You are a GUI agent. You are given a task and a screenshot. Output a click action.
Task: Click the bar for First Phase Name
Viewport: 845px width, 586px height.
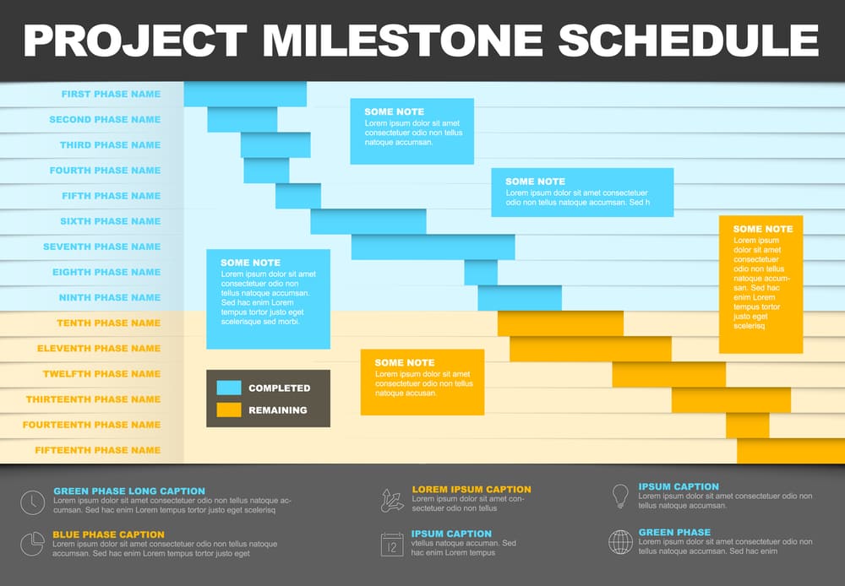(x=245, y=94)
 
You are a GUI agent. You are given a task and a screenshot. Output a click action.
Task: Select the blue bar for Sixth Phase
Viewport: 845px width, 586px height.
(x=368, y=221)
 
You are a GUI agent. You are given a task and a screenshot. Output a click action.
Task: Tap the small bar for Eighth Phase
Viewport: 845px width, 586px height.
(x=481, y=272)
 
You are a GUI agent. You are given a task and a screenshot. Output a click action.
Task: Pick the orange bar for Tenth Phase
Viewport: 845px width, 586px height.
(x=560, y=323)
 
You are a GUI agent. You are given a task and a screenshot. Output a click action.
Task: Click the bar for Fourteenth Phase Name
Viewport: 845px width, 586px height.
(x=747, y=425)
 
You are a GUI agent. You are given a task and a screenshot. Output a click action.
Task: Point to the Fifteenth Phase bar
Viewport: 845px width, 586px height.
(x=789, y=450)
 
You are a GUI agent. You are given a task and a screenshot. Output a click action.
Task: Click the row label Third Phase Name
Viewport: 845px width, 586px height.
(x=110, y=145)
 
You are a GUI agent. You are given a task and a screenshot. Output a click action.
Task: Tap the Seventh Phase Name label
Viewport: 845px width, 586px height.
(x=101, y=247)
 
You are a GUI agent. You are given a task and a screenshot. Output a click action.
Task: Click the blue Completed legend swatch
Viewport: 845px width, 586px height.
(x=229, y=388)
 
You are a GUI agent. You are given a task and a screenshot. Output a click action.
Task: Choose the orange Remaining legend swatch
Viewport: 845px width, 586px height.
(x=229, y=410)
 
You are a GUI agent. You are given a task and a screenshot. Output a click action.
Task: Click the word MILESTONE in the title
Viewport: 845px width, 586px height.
(x=403, y=40)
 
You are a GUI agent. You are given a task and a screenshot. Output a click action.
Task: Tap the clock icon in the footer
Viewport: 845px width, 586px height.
(x=32, y=502)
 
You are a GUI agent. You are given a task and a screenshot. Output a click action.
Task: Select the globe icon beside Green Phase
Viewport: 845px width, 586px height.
(x=620, y=541)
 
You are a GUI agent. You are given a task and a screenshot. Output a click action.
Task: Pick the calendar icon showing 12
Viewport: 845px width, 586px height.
(x=392, y=545)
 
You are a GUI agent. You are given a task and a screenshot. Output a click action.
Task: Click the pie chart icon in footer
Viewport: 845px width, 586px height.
(x=32, y=543)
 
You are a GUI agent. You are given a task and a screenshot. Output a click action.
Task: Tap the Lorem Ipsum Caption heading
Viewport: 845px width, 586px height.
(x=472, y=490)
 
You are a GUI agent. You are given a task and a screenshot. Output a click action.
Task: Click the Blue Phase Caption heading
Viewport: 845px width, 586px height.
(x=108, y=534)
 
